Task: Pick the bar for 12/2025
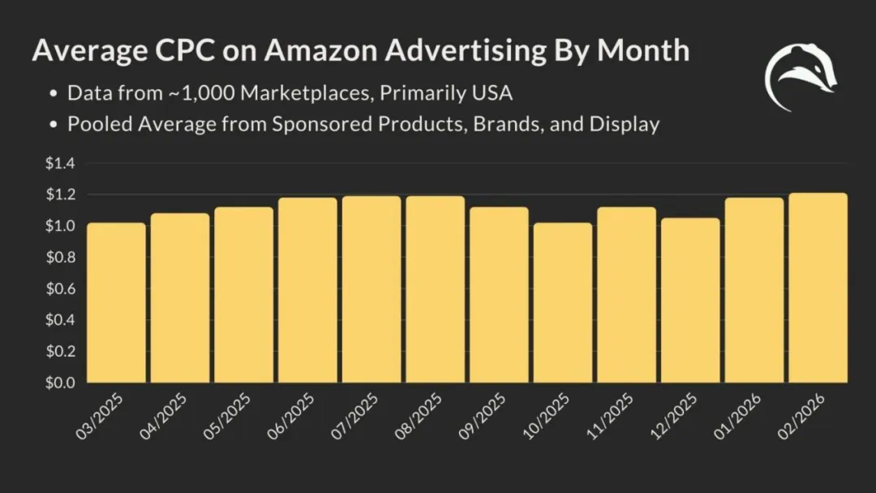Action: tap(689, 300)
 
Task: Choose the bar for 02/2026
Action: tap(818, 288)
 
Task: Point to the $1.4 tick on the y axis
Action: tap(59, 164)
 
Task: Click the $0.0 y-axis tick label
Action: tap(59, 382)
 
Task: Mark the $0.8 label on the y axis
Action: tap(59, 258)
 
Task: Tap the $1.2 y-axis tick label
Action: tap(59, 195)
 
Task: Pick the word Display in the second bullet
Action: tap(625, 125)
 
